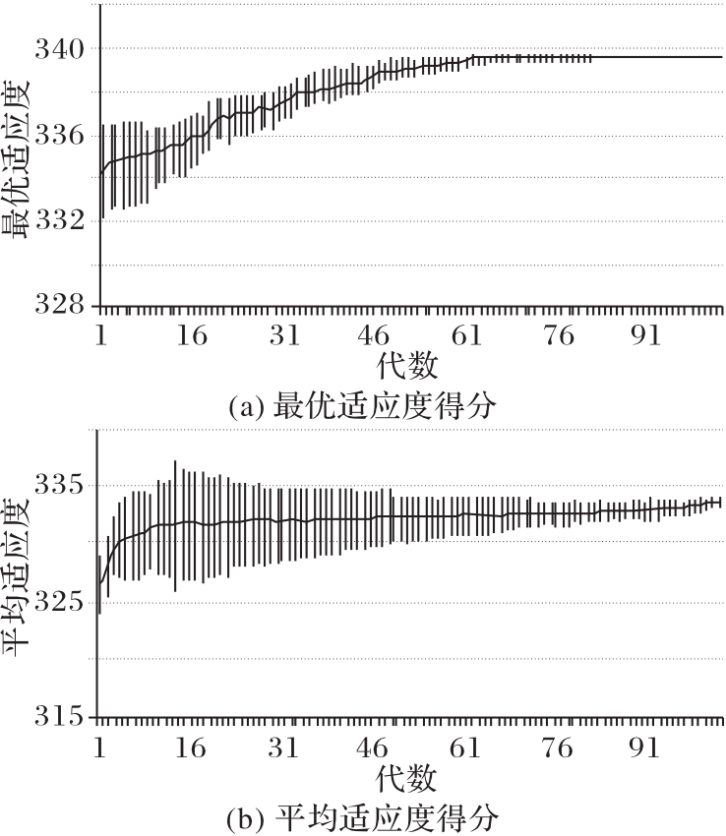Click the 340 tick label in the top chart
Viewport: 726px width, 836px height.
click(x=62, y=48)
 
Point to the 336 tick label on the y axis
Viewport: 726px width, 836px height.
click(x=62, y=135)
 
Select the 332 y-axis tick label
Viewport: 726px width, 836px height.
click(x=62, y=221)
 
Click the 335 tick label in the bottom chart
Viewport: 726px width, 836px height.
click(x=60, y=486)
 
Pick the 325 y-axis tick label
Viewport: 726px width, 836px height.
click(x=60, y=601)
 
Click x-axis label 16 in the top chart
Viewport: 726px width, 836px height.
click(x=193, y=335)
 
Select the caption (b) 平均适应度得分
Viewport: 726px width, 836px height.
click(x=361, y=817)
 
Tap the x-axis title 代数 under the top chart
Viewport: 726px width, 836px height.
click(x=406, y=368)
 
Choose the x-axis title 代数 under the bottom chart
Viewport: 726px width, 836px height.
click(x=406, y=780)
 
